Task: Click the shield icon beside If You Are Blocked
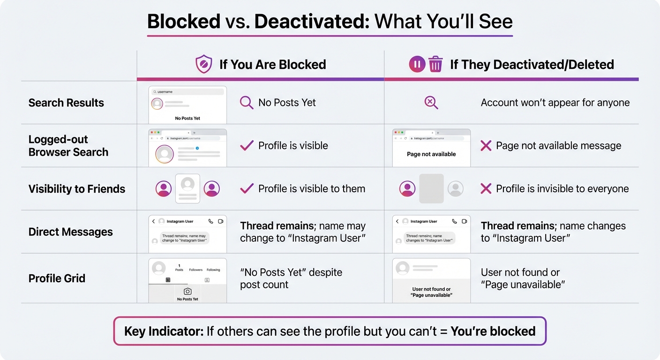tap(204, 64)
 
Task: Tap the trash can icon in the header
tap(435, 64)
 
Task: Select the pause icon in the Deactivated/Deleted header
tap(417, 64)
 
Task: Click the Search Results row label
tap(66, 103)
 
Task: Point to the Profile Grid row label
tap(57, 278)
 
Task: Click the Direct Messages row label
tap(70, 232)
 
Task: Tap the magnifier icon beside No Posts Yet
tap(247, 103)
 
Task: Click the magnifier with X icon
tap(431, 103)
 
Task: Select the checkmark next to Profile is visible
tap(247, 146)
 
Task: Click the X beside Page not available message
tap(486, 146)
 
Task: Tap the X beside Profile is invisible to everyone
tap(486, 189)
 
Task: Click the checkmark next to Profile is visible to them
tap(247, 189)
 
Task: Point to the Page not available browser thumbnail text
tap(431, 154)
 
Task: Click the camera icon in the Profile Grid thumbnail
tap(187, 292)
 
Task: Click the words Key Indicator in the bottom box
tap(164, 331)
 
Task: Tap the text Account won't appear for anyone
tap(555, 103)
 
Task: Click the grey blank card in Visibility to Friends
tap(431, 188)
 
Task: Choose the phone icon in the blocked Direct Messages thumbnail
tap(210, 221)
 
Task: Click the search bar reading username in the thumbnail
tap(187, 92)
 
